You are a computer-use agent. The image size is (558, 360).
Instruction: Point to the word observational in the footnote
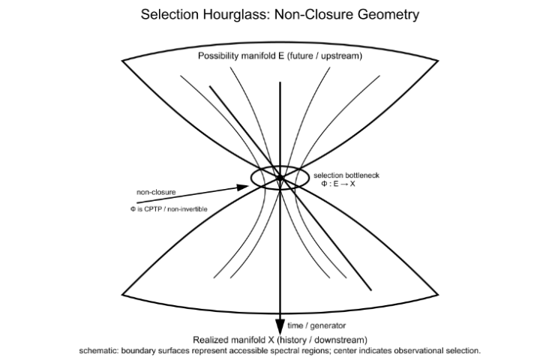coord(418,350)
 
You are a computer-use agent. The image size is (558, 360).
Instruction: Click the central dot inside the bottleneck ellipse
coord(280,178)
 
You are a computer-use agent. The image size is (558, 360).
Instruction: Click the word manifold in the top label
coord(258,57)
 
